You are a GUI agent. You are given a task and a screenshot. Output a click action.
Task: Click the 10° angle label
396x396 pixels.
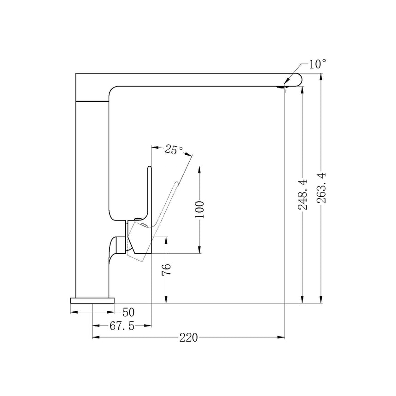pyautogui.click(x=317, y=64)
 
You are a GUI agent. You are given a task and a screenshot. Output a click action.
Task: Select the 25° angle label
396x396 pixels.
pyautogui.click(x=174, y=150)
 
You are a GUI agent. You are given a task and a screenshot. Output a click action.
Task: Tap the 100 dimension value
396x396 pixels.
pyautogui.click(x=199, y=210)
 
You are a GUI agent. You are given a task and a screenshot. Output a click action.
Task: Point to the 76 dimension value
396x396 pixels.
pyautogui.click(x=166, y=269)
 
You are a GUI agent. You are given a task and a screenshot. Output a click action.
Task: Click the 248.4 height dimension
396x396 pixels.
pyautogui.click(x=303, y=194)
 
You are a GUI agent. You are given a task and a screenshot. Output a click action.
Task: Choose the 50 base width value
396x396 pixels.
pyautogui.click(x=128, y=312)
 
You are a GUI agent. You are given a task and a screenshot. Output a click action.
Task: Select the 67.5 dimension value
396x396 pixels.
pyautogui.click(x=122, y=326)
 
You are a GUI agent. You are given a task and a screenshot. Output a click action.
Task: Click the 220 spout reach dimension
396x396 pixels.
pyautogui.click(x=188, y=338)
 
